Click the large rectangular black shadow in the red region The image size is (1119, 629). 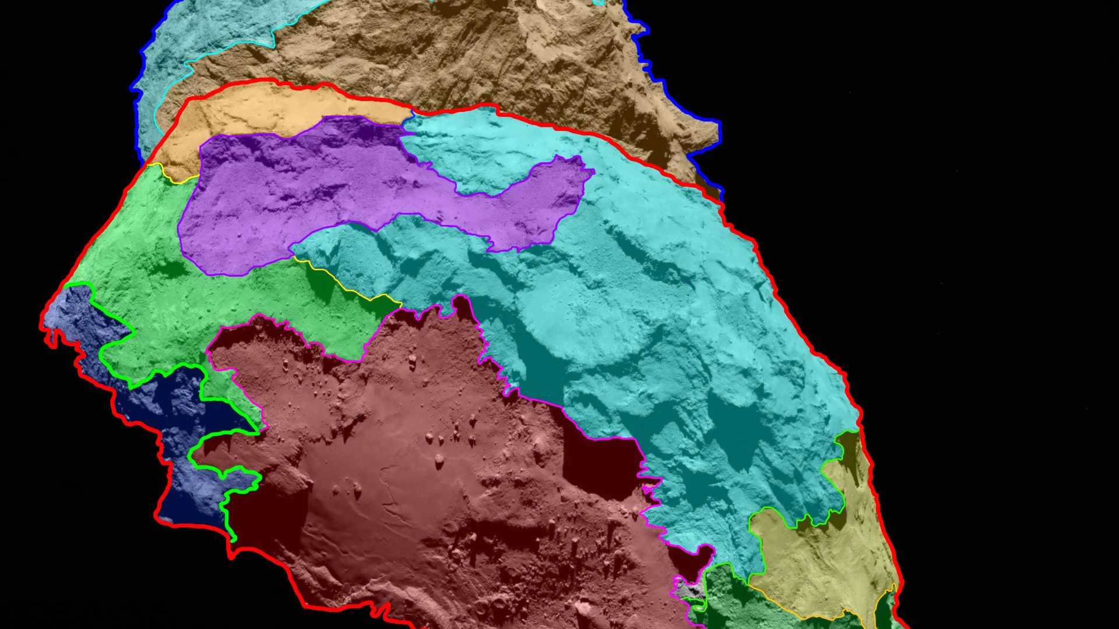pos(600,466)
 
